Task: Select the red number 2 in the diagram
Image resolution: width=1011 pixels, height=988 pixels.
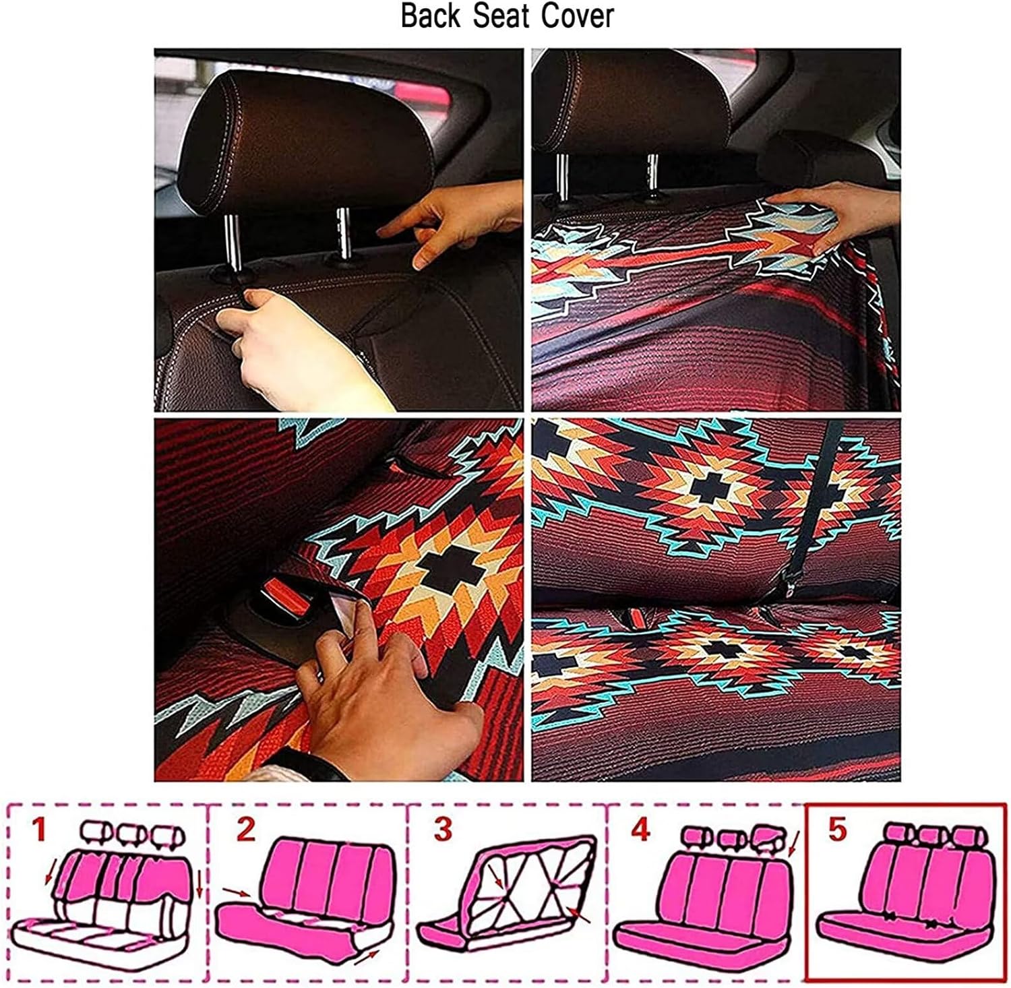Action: click(246, 830)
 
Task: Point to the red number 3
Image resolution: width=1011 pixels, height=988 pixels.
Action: click(442, 830)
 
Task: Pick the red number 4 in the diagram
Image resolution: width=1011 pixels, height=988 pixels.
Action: click(641, 830)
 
